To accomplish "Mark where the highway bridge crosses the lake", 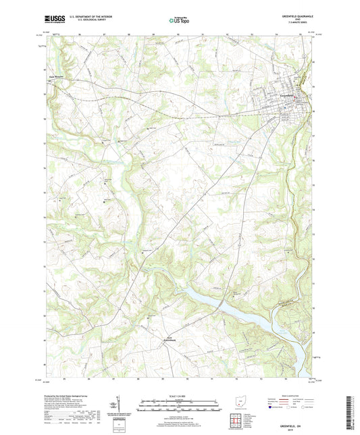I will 222,306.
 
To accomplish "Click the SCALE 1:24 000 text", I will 179,396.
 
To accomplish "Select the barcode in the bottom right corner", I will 353,412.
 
